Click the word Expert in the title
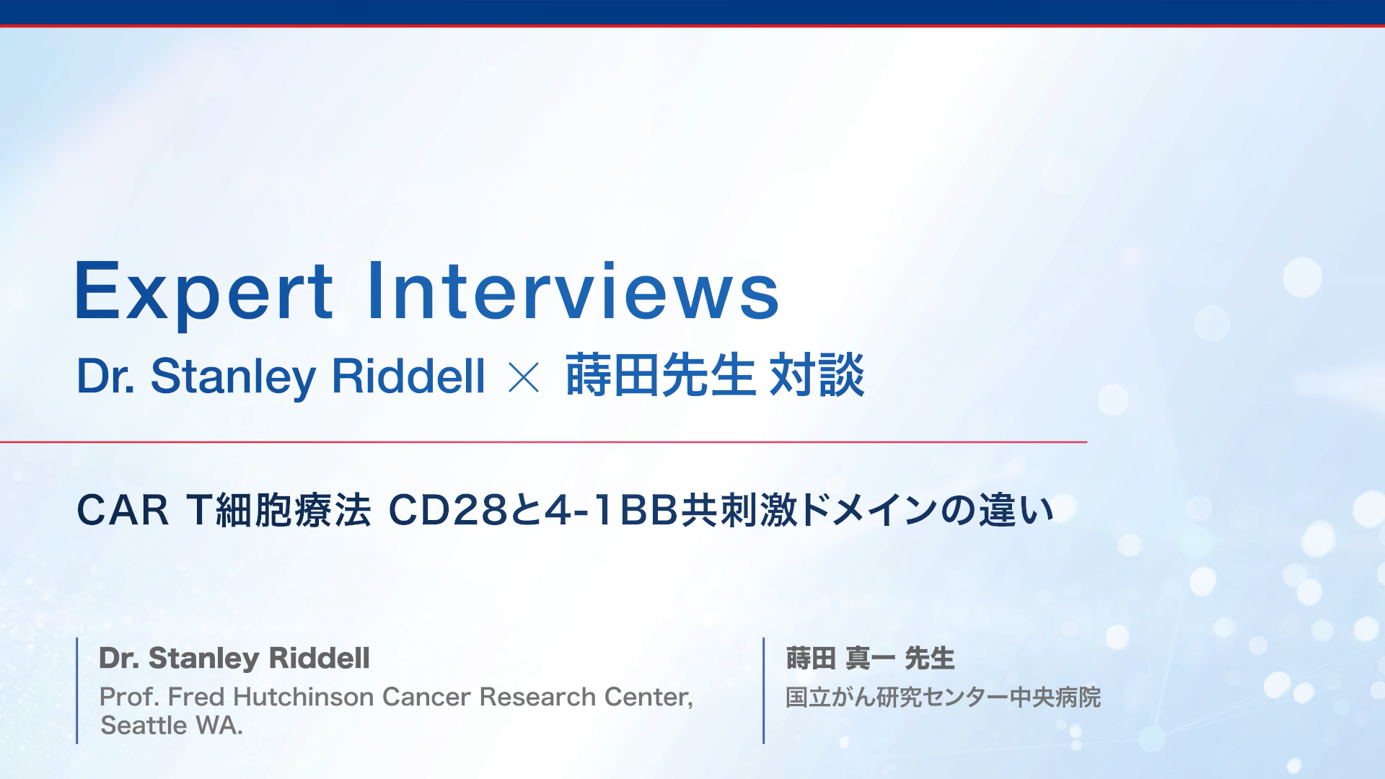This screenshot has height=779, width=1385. click(x=203, y=292)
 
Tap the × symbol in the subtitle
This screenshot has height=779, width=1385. click(x=524, y=377)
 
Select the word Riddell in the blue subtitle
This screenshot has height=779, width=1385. click(x=408, y=376)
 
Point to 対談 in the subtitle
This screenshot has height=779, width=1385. click(x=817, y=375)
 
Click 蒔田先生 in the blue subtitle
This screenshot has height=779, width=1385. click(x=659, y=375)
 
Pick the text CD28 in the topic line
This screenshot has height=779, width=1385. click(x=448, y=511)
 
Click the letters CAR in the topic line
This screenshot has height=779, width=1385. click(x=123, y=511)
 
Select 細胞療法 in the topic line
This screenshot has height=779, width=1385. click(x=293, y=511)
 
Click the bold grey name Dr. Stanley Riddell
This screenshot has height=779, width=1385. click(x=234, y=658)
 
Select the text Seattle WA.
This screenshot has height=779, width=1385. click(x=172, y=725)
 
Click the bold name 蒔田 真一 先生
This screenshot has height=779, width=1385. click(x=870, y=658)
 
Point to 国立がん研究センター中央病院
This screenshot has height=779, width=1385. click(x=943, y=697)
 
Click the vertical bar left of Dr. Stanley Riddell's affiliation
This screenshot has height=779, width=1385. click(x=77, y=690)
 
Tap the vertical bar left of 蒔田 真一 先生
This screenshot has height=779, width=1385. click(x=763, y=690)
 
